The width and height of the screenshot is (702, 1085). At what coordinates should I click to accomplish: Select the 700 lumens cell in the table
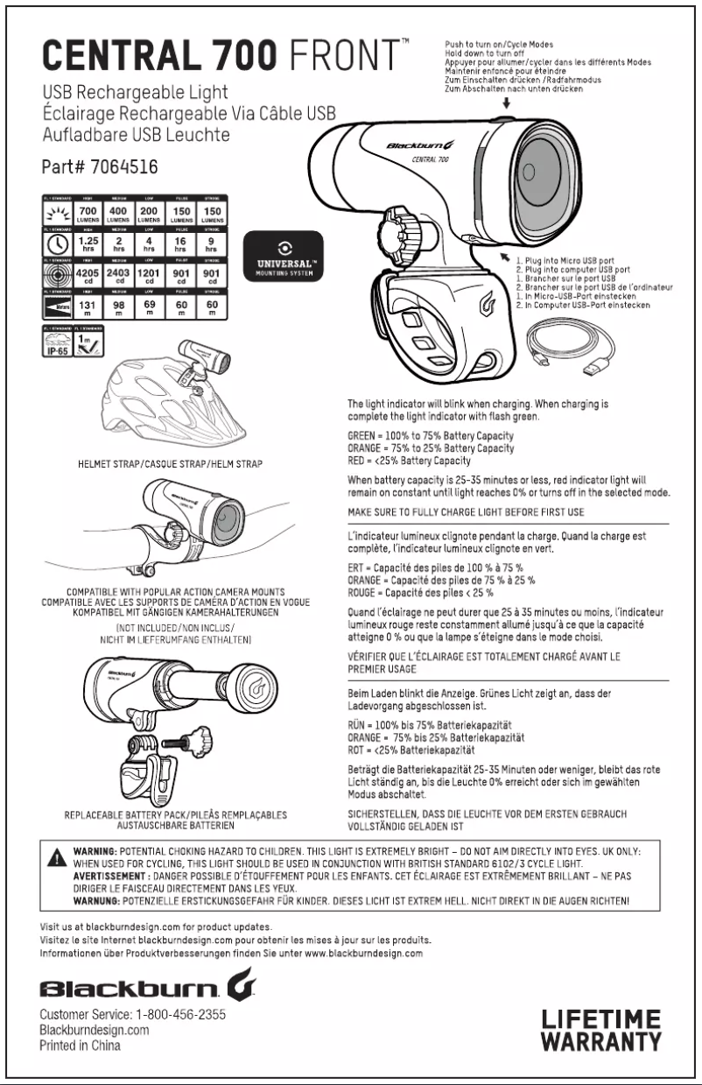click(x=88, y=213)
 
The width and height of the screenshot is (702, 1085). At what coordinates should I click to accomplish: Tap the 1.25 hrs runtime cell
click(x=88, y=242)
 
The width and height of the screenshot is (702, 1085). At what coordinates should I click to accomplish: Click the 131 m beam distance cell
click(x=88, y=306)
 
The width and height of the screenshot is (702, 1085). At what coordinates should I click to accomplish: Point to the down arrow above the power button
click(x=507, y=103)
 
